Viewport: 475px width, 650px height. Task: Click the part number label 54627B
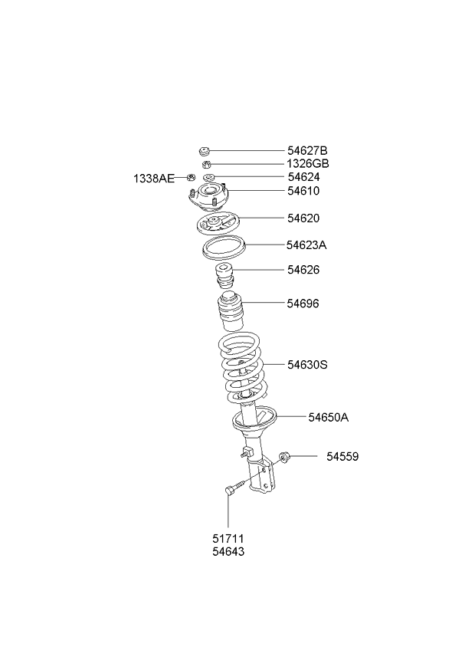(x=307, y=150)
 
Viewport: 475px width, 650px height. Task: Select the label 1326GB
(x=307, y=164)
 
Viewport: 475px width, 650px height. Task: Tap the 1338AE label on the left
(x=154, y=179)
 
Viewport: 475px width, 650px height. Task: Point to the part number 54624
(x=304, y=177)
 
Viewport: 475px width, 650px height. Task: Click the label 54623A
(x=306, y=245)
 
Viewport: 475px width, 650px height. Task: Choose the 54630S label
(x=307, y=365)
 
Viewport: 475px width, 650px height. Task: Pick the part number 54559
(x=342, y=456)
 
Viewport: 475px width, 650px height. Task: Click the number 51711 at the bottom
(x=228, y=539)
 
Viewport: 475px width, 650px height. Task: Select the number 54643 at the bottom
(x=228, y=552)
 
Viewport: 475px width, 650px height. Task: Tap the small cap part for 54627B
(x=204, y=151)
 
